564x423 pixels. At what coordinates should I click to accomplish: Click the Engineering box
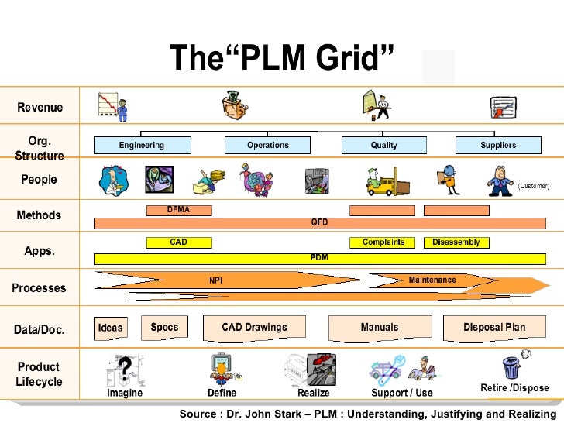pyautogui.click(x=142, y=146)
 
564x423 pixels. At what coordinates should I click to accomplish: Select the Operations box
pyautogui.click(x=267, y=146)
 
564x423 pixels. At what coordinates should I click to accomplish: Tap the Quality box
pyautogui.click(x=383, y=146)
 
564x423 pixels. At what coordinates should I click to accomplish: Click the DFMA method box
pyautogui.click(x=178, y=210)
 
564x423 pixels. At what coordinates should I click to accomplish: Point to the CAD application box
pyautogui.click(x=178, y=242)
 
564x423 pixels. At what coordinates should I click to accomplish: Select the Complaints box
pyautogui.click(x=383, y=242)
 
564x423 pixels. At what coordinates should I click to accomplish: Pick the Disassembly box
pyautogui.click(x=456, y=242)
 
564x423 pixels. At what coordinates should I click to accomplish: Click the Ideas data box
pyautogui.click(x=110, y=328)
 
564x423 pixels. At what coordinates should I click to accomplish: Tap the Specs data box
pyautogui.click(x=164, y=328)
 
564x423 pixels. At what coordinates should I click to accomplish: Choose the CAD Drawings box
pyautogui.click(x=254, y=328)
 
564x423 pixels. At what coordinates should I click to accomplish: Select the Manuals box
pyautogui.click(x=380, y=328)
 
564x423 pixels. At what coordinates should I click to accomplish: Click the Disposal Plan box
pyautogui.click(x=493, y=328)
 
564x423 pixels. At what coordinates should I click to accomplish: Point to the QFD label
pyautogui.click(x=319, y=222)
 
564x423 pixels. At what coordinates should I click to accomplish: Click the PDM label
pyautogui.click(x=319, y=257)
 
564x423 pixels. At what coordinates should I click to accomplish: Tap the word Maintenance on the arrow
pyautogui.click(x=432, y=280)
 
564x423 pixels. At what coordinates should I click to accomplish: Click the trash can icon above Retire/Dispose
pyautogui.click(x=511, y=366)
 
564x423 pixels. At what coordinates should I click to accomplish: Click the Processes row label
pyautogui.click(x=39, y=288)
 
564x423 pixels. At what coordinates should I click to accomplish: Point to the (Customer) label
pyautogui.click(x=533, y=186)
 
